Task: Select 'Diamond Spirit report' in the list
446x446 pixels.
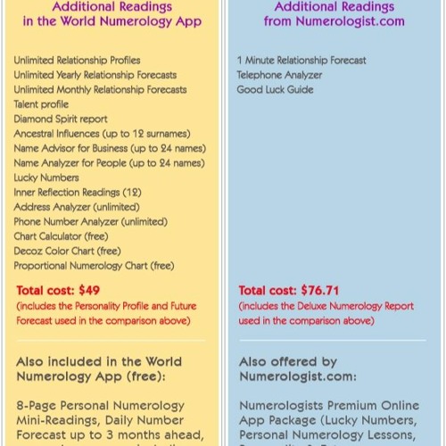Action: click(x=61, y=119)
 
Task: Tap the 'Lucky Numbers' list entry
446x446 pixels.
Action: click(x=45, y=178)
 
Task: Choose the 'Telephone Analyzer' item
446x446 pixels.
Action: click(x=280, y=75)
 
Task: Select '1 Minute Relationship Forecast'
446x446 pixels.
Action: click(x=302, y=61)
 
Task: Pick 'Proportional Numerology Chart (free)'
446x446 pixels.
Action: click(x=94, y=265)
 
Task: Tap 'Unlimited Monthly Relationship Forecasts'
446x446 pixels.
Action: click(x=100, y=89)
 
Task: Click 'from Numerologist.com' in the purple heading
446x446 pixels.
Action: click(x=333, y=21)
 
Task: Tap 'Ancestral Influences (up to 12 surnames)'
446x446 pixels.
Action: click(x=106, y=134)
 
